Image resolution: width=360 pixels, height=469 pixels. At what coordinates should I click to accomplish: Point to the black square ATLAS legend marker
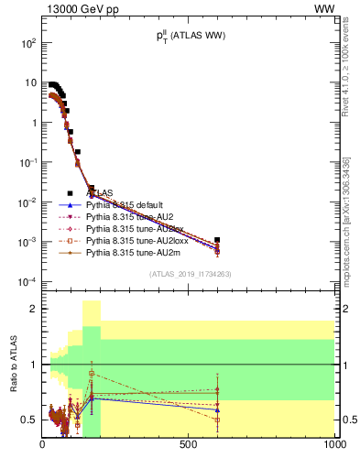tap(71, 193)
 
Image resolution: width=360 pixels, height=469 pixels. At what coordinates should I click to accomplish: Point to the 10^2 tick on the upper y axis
tap(28, 43)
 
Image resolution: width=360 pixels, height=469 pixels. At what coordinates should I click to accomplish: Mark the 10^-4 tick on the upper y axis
tap(28, 281)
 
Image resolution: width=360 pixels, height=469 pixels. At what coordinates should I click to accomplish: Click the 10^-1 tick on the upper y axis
tap(28, 162)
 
